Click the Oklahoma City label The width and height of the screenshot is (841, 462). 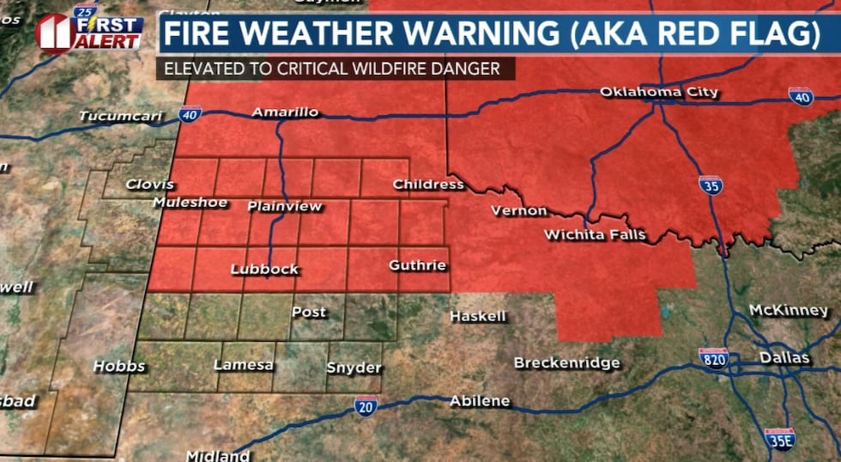tap(658, 92)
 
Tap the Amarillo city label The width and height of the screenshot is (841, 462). tap(285, 112)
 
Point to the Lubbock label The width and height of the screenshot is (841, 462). tap(264, 270)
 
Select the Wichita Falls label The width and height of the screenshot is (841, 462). tap(595, 234)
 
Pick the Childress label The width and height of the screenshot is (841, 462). tap(427, 185)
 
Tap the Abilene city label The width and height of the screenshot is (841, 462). tap(480, 401)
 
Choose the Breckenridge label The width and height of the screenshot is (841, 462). tap(566, 363)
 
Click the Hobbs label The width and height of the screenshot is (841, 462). tap(118, 367)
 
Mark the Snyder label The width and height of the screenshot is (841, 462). tap(354, 368)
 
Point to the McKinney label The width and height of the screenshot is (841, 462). tap(788, 310)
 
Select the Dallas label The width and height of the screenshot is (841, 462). tap(784, 357)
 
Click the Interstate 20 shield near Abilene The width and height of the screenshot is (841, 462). tap(366, 406)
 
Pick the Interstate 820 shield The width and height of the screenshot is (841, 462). tap(712, 358)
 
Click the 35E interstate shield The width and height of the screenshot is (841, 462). tap(779, 439)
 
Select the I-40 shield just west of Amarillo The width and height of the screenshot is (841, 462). tap(191, 113)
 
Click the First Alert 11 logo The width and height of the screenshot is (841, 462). tap(88, 32)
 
